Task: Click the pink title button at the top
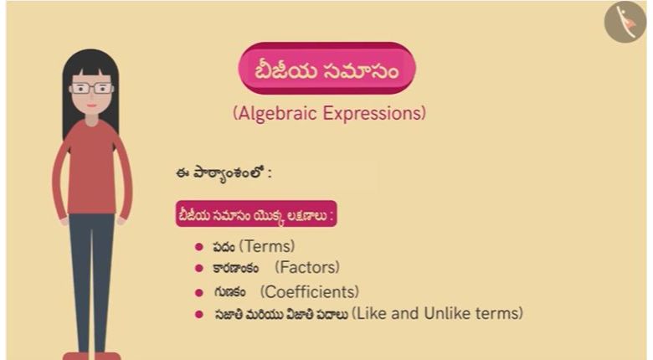coord(326,68)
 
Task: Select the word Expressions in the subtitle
coord(373,113)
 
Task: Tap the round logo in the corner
coord(625,22)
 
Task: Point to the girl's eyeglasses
coord(91,89)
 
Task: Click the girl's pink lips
coord(92,105)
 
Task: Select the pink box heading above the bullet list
coord(256,213)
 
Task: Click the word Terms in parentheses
coord(267,246)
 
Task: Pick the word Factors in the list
coord(307,267)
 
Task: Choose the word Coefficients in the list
coord(310,291)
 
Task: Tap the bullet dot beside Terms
coord(199,247)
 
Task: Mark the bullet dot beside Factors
coord(199,268)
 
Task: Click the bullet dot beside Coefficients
coord(199,292)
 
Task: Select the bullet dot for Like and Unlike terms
coord(199,314)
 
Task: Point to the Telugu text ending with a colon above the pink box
coord(224,173)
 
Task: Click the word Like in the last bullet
coord(372,313)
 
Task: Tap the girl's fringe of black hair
coord(91,67)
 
